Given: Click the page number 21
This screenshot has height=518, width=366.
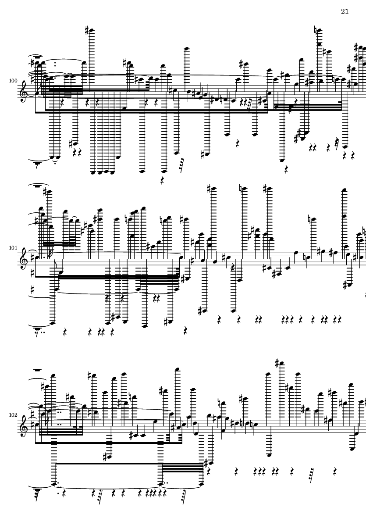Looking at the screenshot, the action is click(345, 11).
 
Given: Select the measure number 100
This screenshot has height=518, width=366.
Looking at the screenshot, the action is click(13, 81).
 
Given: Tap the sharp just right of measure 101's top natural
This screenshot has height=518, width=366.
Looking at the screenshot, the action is click(265, 189).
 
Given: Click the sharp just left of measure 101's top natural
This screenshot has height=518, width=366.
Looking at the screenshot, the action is click(209, 189).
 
